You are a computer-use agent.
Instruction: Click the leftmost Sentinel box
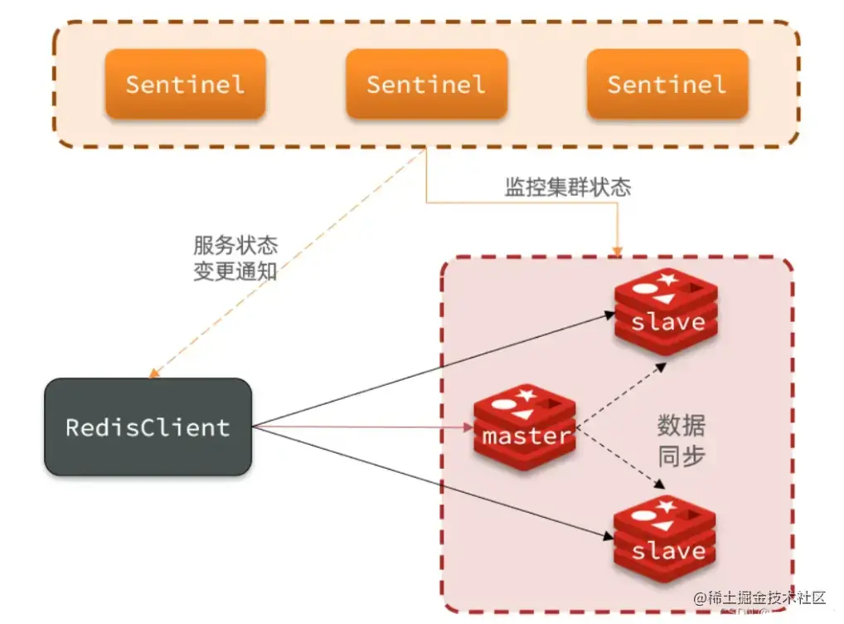point(185,84)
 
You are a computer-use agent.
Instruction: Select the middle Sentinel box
point(426,84)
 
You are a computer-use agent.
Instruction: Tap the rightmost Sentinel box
point(667,84)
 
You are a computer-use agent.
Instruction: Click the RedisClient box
point(148,427)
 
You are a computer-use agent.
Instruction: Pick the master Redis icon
point(526,427)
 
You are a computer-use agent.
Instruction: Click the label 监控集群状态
point(567,187)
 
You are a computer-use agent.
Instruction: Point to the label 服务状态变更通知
point(235,258)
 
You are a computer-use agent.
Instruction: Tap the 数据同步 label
point(681,441)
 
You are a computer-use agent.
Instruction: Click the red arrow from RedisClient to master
point(357,428)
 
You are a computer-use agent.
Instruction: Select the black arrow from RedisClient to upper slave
point(431,369)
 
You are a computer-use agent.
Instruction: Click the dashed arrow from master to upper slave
point(622,395)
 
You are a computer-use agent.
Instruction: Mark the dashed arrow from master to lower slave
point(622,459)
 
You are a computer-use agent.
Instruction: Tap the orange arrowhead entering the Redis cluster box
point(616,250)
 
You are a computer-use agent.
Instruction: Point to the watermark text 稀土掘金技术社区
point(760,597)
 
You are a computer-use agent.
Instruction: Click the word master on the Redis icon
point(526,436)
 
